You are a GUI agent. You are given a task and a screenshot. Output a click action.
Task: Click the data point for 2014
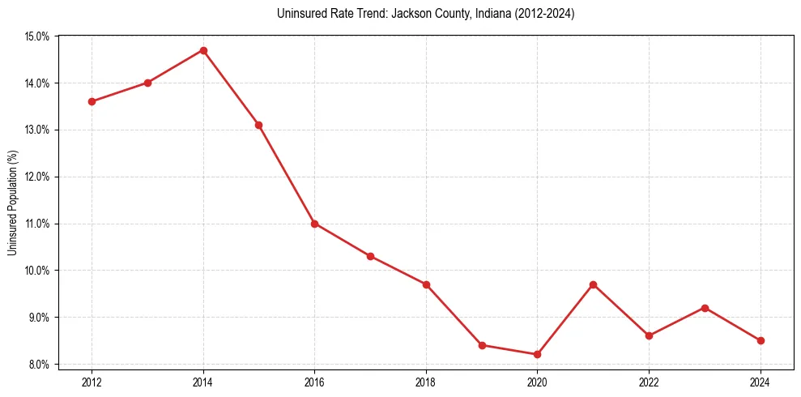pos(203,50)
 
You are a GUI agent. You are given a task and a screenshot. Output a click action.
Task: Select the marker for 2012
pos(92,101)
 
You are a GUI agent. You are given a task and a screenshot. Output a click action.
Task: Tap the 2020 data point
pos(537,354)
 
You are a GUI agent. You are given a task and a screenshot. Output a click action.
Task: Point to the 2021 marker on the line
pos(593,284)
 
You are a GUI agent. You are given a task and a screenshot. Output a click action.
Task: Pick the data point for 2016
pos(314,224)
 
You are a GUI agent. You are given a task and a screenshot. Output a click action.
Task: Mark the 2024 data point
pos(761,340)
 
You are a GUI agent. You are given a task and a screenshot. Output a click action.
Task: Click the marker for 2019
pos(482,345)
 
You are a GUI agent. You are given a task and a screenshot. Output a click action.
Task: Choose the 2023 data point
pos(705,308)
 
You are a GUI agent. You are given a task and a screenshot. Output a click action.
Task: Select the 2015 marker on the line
pos(258,125)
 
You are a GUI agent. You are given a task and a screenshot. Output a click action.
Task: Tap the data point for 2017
pos(370,256)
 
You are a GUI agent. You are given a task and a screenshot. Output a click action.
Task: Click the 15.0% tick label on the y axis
pos(38,36)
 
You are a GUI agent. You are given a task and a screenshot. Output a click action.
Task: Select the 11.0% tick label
pos(38,224)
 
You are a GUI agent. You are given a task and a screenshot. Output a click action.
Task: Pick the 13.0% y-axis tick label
pos(38,130)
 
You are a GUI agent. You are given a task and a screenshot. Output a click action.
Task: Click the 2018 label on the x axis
pos(426,381)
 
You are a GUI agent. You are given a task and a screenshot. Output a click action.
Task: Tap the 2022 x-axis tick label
pos(649,381)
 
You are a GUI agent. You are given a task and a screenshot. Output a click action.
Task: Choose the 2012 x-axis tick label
pos(92,381)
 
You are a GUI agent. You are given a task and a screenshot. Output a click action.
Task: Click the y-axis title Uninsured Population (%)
pos(13,201)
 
